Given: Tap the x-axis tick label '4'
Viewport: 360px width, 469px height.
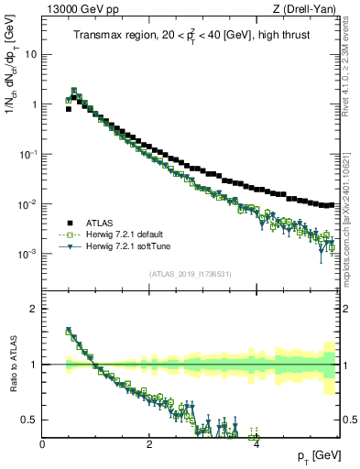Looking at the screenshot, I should (x=256, y=444).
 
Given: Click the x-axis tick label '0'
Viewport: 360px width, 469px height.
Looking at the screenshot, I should (x=43, y=444).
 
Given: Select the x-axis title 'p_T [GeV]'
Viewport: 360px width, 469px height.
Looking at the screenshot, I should (x=312, y=456).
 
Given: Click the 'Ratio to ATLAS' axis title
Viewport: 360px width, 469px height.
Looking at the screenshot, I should (x=10, y=365).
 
